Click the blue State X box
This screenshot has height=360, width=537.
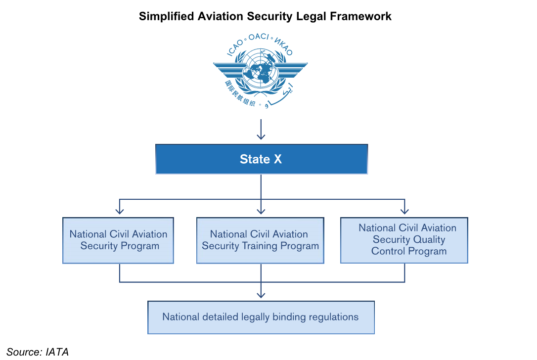[x=261, y=159]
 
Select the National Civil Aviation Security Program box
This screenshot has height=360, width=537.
[x=118, y=240]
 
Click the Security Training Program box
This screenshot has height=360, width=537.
[x=261, y=240]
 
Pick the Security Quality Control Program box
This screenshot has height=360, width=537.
[x=404, y=240]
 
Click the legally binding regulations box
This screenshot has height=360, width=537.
[x=261, y=317]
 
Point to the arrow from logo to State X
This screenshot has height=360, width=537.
[x=261, y=131]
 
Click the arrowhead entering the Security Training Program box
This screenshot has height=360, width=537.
[x=261, y=211]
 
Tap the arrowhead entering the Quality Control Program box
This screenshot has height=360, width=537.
[x=404, y=211]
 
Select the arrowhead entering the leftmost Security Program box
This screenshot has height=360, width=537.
[x=119, y=211]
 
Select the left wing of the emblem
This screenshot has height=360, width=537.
[x=230, y=68]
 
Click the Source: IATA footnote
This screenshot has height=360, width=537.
[x=38, y=352]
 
